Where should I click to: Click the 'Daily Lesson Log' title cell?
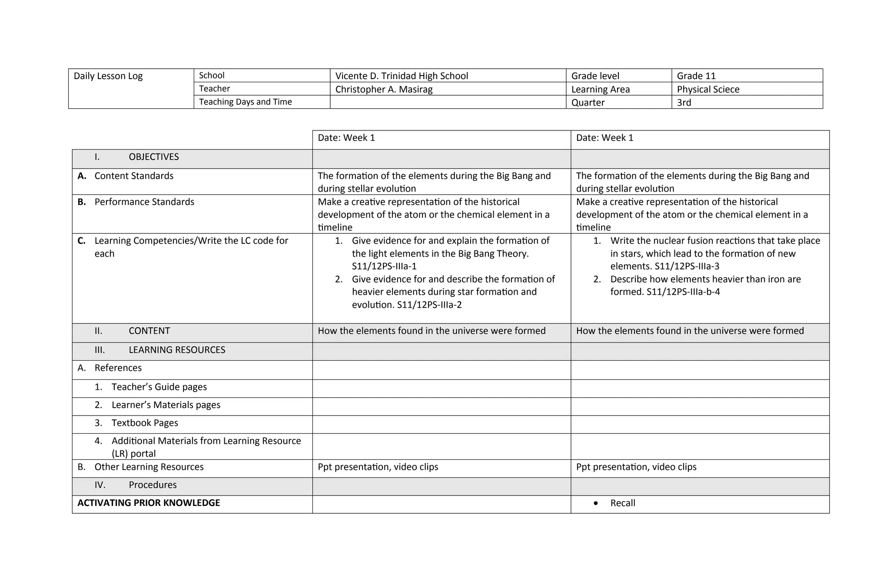(x=108, y=76)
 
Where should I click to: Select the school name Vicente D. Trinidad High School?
(x=402, y=76)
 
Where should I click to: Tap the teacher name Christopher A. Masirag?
(x=384, y=90)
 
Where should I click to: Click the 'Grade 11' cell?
(x=696, y=76)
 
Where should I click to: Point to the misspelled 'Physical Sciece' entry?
(x=708, y=90)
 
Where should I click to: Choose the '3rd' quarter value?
(x=684, y=103)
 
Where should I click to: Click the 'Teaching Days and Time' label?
(x=245, y=102)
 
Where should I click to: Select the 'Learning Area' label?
(x=600, y=90)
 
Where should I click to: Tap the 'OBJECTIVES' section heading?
(x=153, y=157)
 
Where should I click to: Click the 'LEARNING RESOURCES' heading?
(x=177, y=350)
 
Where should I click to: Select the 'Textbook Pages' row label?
(x=145, y=423)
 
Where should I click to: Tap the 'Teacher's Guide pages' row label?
(x=159, y=387)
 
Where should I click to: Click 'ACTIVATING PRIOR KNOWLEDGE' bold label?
(x=149, y=503)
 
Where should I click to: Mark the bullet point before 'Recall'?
(x=595, y=503)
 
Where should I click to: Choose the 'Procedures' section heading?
(x=153, y=485)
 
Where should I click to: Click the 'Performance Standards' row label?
(x=144, y=202)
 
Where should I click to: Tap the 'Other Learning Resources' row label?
(x=149, y=467)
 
